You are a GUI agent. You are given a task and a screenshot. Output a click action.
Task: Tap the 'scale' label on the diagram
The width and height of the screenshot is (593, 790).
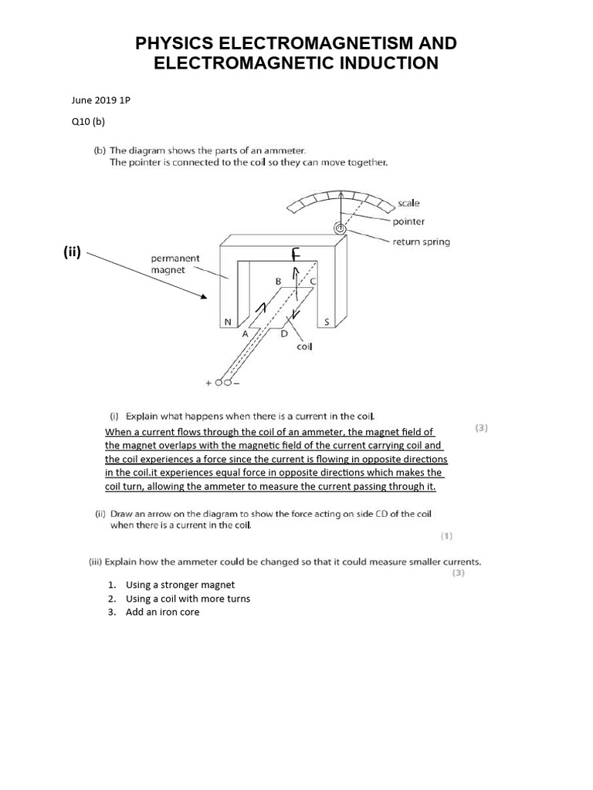[408, 203]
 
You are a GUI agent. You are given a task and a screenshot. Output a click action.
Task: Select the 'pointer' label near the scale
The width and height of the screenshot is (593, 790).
[408, 221]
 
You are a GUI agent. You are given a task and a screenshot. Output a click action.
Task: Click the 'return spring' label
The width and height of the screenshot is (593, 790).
[421, 241]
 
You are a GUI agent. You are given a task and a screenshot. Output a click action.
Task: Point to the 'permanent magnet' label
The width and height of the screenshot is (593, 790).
[175, 265]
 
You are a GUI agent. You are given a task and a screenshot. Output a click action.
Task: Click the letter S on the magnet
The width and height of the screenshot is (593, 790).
[327, 322]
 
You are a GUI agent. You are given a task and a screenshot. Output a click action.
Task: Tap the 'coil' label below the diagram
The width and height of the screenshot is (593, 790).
[303, 347]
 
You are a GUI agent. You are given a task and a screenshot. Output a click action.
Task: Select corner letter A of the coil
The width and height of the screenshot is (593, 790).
[245, 334]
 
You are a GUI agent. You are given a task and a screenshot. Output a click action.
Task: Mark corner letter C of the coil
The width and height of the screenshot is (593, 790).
[312, 282]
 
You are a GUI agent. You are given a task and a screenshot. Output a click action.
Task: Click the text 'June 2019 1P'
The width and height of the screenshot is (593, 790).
[100, 100]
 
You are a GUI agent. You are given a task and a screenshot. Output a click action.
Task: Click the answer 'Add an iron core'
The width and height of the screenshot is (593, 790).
[162, 613]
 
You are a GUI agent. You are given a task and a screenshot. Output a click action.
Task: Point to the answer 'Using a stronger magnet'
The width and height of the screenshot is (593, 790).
[180, 585]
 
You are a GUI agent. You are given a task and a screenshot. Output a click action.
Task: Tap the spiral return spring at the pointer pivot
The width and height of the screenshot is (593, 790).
[340, 228]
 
